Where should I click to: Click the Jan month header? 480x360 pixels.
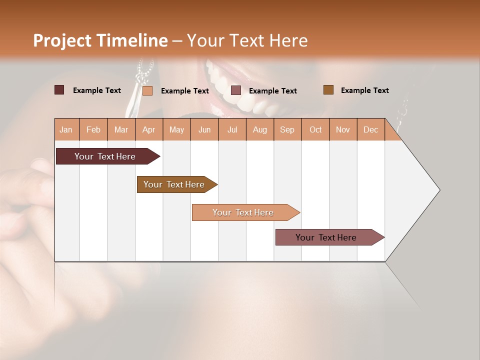click(66, 129)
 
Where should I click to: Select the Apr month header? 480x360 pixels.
click(148, 129)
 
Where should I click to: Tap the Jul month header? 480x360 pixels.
click(232, 129)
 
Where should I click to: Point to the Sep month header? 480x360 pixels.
click(287, 129)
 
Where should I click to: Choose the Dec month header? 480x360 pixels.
click(370, 129)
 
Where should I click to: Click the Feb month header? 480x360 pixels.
click(93, 129)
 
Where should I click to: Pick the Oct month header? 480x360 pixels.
click(315, 129)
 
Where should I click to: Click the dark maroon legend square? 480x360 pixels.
click(59, 90)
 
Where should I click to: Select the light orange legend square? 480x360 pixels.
click(147, 90)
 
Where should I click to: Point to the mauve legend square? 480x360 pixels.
click(236, 90)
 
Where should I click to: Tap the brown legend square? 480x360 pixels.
click(328, 90)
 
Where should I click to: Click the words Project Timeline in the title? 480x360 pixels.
click(100, 40)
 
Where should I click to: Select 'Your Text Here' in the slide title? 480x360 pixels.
click(247, 40)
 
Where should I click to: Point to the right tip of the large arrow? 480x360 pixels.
click(438, 190)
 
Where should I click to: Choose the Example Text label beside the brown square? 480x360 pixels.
click(364, 90)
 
